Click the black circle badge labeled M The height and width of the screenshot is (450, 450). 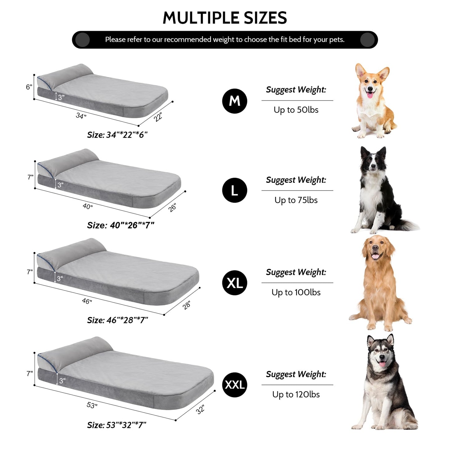234,101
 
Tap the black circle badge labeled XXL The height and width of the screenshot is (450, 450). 234,385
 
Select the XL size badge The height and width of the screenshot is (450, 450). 234,283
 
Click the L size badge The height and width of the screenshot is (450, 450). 234,190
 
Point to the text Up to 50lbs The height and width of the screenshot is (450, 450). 296,110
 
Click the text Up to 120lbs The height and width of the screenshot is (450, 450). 296,395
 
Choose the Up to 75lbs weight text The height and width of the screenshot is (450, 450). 296,200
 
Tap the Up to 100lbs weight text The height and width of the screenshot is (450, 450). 296,292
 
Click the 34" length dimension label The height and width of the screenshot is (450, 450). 81,116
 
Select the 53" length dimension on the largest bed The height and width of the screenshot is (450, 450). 92,405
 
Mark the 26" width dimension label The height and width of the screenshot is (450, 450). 172,207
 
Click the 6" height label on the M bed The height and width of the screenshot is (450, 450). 29,87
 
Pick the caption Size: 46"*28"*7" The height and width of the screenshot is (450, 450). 117,320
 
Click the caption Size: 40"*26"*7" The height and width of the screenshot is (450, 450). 121,225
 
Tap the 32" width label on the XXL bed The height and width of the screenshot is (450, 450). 200,409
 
